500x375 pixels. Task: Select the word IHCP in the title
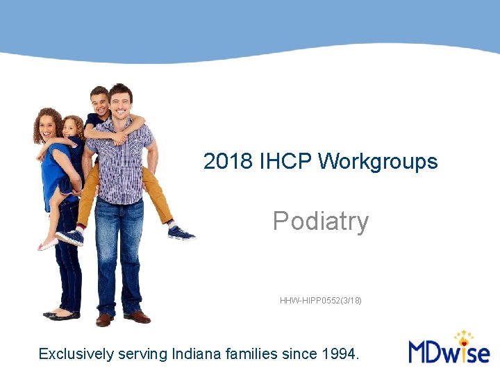point(285,162)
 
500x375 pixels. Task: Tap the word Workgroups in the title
point(378,162)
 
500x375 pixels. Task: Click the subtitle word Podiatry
point(320,222)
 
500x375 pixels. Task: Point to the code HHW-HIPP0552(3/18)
point(320,301)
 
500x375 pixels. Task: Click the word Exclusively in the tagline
point(76,354)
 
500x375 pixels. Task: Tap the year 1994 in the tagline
point(341,354)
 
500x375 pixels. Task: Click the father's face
point(119,101)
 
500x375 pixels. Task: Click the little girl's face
point(71,128)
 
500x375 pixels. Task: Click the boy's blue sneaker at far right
point(181,233)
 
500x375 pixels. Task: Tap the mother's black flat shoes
point(62,315)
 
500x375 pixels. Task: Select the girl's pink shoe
point(47,244)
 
